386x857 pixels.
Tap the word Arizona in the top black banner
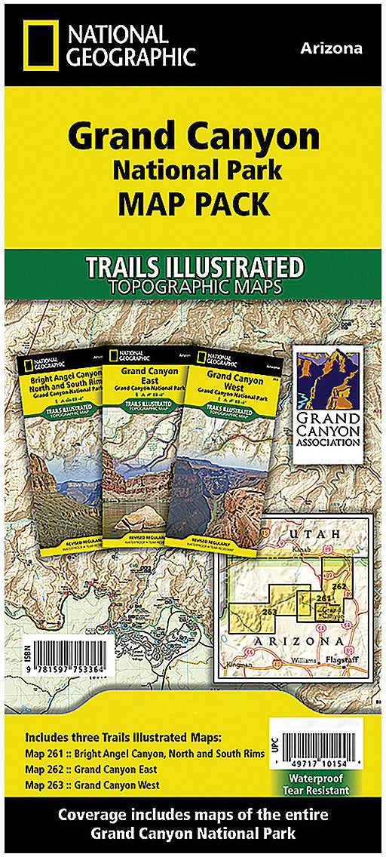(x=331, y=48)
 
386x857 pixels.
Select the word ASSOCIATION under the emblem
(x=326, y=441)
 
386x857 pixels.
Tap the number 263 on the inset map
(x=269, y=611)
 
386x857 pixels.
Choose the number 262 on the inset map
(x=339, y=586)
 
